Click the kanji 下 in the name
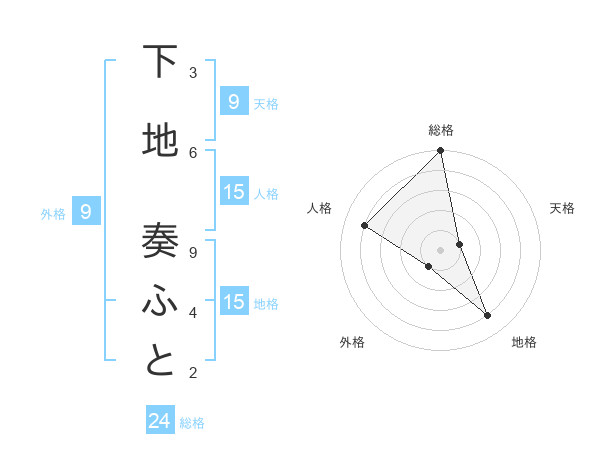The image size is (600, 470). (x=160, y=62)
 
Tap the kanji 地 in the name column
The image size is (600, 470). (x=160, y=141)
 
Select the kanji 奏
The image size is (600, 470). (x=160, y=241)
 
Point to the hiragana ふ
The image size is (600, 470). (x=160, y=301)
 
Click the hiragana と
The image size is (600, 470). (x=160, y=361)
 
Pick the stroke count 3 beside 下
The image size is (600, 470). (x=193, y=73)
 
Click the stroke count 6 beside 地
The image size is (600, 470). (x=193, y=152)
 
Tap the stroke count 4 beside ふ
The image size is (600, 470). (x=193, y=313)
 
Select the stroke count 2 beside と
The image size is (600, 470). (x=193, y=373)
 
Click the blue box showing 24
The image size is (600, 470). (x=160, y=421)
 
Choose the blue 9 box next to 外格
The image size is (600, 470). (x=87, y=212)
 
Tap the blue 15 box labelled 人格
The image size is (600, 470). (x=234, y=192)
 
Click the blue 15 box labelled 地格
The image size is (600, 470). (x=234, y=302)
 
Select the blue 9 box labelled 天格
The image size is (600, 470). (x=234, y=102)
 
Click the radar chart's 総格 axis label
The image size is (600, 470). (x=441, y=130)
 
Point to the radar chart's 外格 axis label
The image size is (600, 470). (x=352, y=342)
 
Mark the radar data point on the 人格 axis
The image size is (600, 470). (x=365, y=225)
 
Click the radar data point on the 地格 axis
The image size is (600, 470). (x=488, y=316)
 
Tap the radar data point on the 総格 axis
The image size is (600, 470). (x=441, y=151)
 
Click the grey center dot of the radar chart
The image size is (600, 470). (x=441, y=249)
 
